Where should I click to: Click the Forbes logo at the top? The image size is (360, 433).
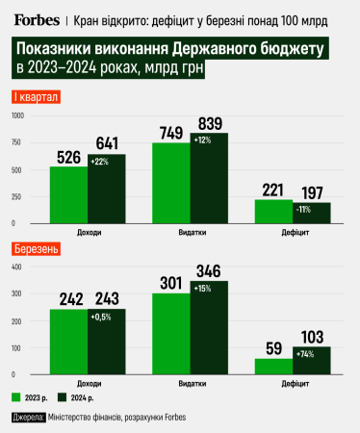coord(35,18)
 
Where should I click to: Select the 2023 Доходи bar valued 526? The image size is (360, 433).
coord(69,183)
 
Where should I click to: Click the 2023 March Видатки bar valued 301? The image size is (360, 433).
coord(171,333)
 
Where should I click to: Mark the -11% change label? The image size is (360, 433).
coord(303,209)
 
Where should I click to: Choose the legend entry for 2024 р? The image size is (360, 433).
coord(81,396)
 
